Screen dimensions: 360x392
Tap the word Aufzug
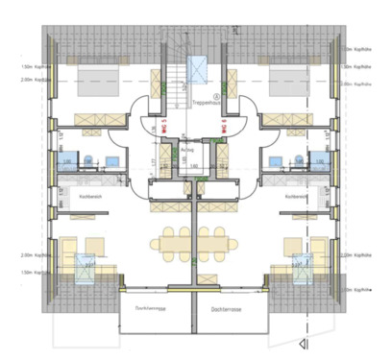188,150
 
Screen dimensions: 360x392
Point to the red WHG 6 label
223,124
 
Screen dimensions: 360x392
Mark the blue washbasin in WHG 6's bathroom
276,161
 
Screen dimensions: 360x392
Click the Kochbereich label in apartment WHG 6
295,197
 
